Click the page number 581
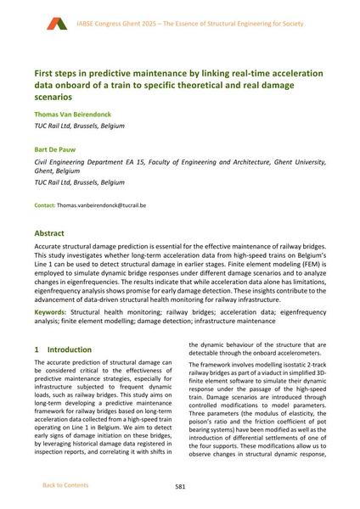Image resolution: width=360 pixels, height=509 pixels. coord(180,487)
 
